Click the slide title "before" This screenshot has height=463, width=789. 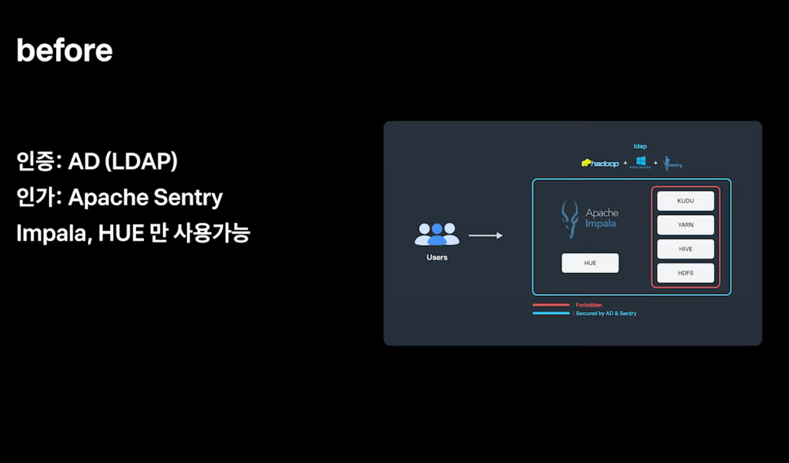[x=64, y=51]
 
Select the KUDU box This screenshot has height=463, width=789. [x=685, y=201]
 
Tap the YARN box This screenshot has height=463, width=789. [x=685, y=225]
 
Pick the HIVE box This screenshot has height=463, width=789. [x=685, y=249]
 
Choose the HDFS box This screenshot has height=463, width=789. [x=685, y=273]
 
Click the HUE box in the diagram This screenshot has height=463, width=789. [x=590, y=263]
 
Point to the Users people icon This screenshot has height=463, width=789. [x=437, y=234]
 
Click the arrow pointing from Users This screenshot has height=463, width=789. [x=485, y=235]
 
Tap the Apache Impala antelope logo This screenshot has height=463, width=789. [x=570, y=219]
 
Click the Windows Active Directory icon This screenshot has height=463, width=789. [x=641, y=162]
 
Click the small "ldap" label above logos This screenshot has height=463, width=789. [x=640, y=146]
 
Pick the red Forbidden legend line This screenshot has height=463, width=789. [x=551, y=305]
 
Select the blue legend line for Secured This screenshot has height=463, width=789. [x=551, y=313]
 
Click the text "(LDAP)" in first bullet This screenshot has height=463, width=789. [x=141, y=161]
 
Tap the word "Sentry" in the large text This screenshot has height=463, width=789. [x=188, y=197]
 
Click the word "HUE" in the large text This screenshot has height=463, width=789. [x=121, y=233]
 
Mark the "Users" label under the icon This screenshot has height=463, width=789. [x=437, y=257]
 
